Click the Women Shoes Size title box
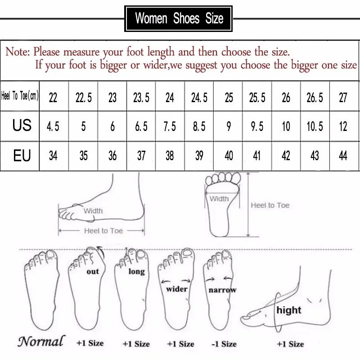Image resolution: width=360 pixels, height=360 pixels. [179, 18]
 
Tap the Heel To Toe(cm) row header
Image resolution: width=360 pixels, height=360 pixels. [20, 96]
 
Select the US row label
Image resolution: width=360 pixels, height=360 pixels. [22, 125]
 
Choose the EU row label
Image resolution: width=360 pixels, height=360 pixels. [22, 155]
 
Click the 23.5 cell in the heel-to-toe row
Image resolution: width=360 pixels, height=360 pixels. [141, 97]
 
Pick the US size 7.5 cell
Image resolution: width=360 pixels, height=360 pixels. [170, 127]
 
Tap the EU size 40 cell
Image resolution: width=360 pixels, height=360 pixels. [229, 156]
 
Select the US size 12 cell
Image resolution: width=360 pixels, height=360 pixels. [343, 127]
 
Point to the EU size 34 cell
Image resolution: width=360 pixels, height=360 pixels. [53, 156]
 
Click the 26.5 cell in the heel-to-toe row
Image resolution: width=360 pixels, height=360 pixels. [315, 97]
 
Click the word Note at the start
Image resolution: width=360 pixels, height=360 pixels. [17, 52]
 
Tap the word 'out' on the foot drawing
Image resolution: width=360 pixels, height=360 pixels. [93, 271]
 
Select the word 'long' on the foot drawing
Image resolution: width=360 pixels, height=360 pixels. [136, 271]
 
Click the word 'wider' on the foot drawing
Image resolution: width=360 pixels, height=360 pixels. [177, 288]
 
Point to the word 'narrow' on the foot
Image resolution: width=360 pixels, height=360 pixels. [222, 290]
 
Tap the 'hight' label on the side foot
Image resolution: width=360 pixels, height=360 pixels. [289, 310]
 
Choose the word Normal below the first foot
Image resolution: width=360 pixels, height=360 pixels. [41, 342]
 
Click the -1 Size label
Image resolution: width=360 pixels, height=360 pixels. [223, 344]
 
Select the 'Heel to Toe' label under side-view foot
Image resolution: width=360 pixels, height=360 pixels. [103, 230]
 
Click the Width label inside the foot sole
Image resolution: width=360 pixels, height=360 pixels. [219, 198]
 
